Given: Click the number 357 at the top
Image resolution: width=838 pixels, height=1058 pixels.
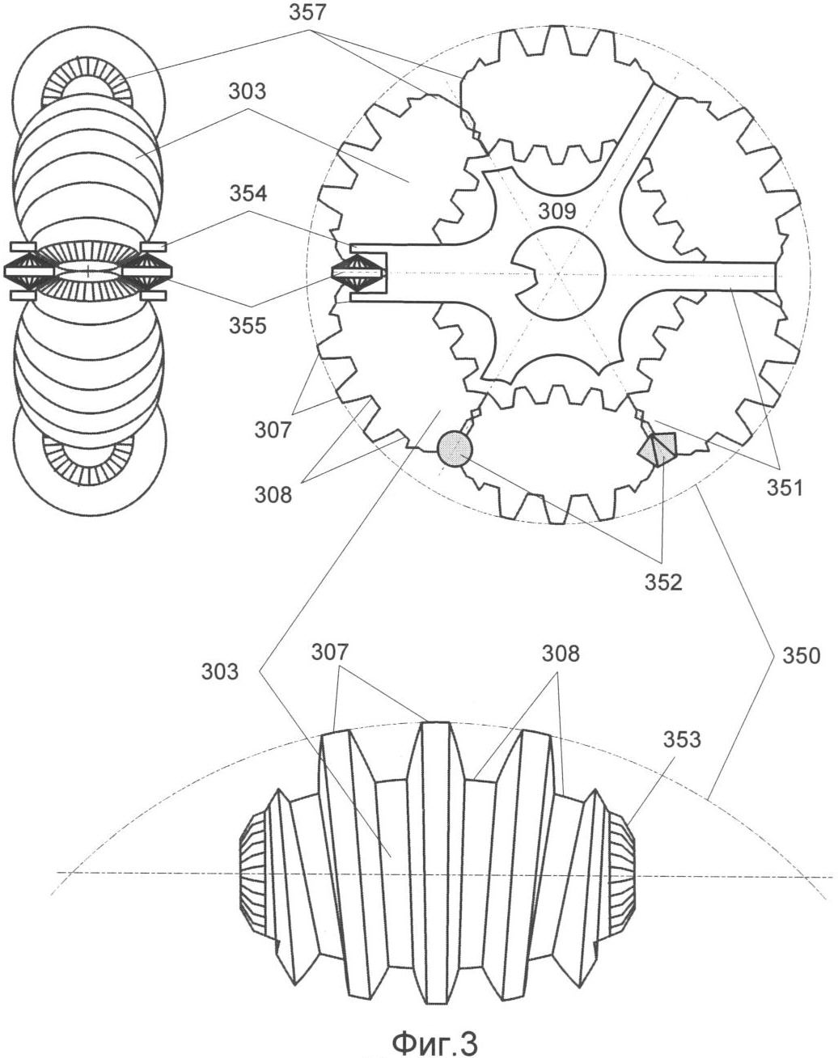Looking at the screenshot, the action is point(307,13).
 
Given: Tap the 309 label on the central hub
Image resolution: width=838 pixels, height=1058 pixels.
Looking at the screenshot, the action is point(557,211).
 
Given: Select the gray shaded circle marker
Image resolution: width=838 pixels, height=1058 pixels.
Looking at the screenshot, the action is point(455,449).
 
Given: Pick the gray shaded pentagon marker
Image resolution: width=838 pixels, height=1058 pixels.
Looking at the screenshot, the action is point(658,450).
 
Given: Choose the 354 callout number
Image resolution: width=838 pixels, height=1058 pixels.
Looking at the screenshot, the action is point(248,193).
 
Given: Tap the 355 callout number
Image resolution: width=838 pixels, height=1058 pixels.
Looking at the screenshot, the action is point(248,326).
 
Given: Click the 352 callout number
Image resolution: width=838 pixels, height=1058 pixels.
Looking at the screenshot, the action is point(664,582).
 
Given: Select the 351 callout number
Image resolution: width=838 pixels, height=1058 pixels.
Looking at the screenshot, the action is point(785,489).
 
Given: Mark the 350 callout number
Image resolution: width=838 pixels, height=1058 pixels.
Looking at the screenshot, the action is point(802,656).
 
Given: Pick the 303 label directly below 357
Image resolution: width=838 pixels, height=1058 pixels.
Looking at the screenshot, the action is point(247,91).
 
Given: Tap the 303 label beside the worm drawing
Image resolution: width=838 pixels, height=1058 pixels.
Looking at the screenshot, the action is point(220,671).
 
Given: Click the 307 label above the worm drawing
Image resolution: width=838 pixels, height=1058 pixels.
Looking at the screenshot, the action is point(329,652).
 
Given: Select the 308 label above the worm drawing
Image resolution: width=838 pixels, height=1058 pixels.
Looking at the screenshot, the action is point(561,654).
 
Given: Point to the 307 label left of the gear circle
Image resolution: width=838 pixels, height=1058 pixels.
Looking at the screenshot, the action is point(273,430).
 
